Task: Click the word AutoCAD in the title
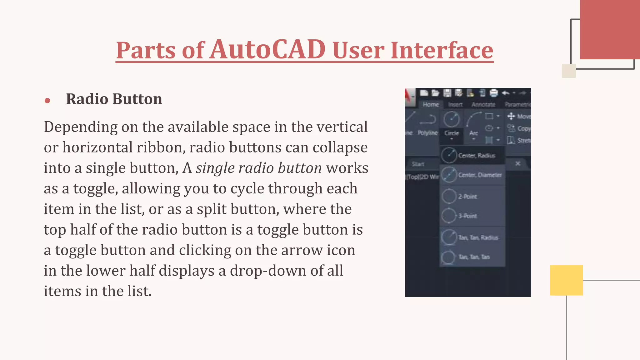click(x=267, y=50)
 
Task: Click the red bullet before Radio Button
click(x=47, y=100)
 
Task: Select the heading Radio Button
click(x=114, y=99)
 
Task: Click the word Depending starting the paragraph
click(x=80, y=127)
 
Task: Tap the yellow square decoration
click(x=566, y=280)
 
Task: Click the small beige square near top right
click(x=568, y=71)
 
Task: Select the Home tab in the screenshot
click(x=431, y=105)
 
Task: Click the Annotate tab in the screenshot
click(x=483, y=105)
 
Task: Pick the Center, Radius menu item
click(x=476, y=156)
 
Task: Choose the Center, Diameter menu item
click(x=480, y=175)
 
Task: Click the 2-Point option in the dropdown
click(x=467, y=197)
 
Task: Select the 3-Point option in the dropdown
click(x=467, y=216)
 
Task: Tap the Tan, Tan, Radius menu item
click(x=478, y=238)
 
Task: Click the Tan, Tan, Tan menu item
click(x=474, y=257)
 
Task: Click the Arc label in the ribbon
click(x=473, y=133)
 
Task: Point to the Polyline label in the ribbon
click(x=427, y=133)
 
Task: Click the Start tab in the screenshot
click(x=418, y=164)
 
